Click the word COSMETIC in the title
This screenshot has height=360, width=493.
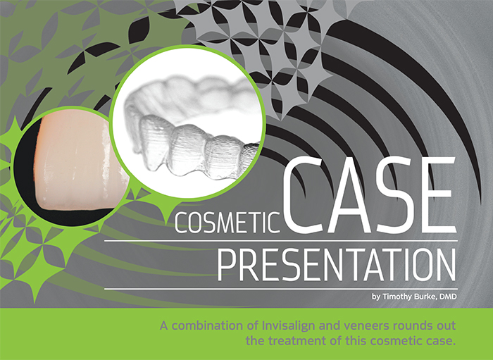227,223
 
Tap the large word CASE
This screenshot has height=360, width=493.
370,195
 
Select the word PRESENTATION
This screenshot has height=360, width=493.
337,265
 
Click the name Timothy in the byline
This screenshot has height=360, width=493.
397,297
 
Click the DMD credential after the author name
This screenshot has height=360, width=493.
448,297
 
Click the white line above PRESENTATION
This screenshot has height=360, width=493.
281,241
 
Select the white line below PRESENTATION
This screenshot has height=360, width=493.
281,289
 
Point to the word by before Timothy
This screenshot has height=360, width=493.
376,297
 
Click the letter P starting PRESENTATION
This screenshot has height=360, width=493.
227,265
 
